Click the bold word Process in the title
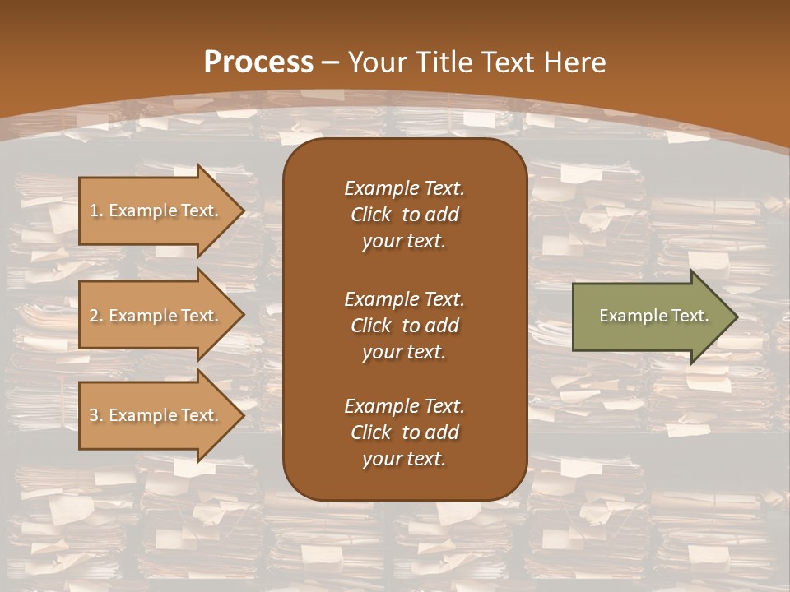click(x=258, y=62)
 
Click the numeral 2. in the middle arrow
click(x=96, y=316)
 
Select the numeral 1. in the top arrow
click(x=96, y=210)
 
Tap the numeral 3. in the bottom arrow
click(x=96, y=415)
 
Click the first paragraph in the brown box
click(x=404, y=215)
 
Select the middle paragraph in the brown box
click(x=404, y=326)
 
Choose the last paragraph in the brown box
click(x=404, y=432)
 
